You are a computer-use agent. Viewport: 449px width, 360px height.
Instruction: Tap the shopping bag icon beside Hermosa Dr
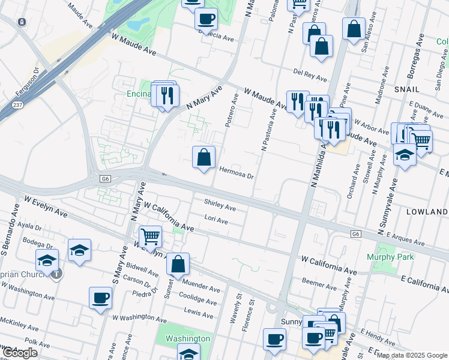coord(204,158)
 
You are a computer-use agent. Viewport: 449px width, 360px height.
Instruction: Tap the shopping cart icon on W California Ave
coord(150,236)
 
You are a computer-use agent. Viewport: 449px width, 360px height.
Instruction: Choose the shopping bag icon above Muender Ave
coord(178,263)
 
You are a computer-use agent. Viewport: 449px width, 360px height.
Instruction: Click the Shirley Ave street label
coord(220,205)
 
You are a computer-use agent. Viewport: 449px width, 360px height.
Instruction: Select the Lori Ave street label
coord(216,220)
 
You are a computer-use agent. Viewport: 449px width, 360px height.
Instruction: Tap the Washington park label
coord(188,338)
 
